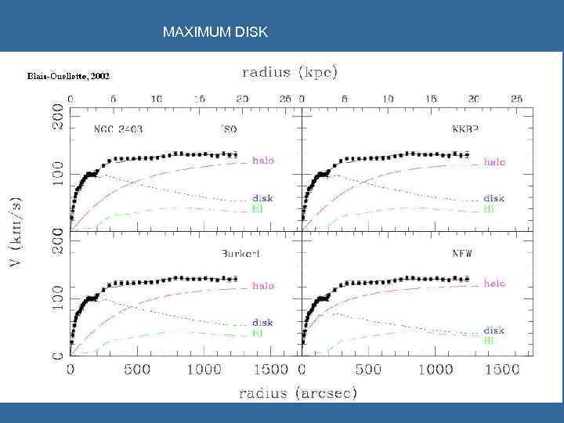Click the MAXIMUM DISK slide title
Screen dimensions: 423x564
[x=215, y=32]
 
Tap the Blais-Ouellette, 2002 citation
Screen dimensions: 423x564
[x=68, y=77]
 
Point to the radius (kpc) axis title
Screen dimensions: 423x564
[x=290, y=73]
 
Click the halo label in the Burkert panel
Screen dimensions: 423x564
[x=262, y=286]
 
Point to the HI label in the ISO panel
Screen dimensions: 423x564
[x=257, y=209]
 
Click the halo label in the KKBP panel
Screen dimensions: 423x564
[x=494, y=162]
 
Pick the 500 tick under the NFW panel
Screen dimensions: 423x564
[x=367, y=369]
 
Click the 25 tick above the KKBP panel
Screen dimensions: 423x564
[x=516, y=99]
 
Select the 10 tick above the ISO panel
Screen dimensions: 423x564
[x=157, y=99]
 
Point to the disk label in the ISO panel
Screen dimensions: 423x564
[x=262, y=197]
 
